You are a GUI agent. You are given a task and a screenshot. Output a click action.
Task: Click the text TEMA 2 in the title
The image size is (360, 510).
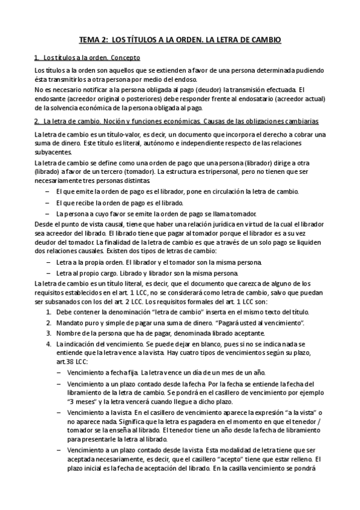tap(95, 40)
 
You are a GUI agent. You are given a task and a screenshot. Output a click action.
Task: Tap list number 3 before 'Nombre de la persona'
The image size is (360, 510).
tap(48, 334)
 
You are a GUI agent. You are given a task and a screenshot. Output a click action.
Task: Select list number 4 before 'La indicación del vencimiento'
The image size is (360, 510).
tap(48, 344)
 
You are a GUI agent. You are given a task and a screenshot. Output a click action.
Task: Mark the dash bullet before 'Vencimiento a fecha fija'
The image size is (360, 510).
tap(58, 372)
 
